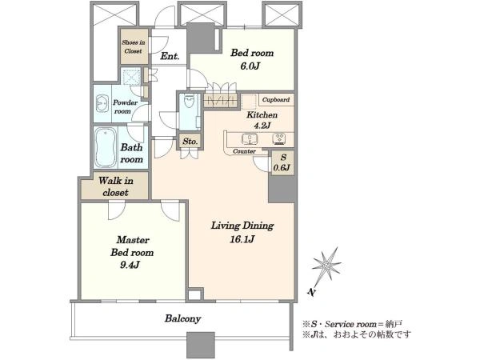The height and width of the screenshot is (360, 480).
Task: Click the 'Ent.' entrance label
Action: pyautogui.click(x=170, y=56)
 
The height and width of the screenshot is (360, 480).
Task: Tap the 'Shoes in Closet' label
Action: pyautogui.click(x=134, y=46)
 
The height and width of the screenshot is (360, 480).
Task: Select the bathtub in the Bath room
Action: pyautogui.click(x=106, y=147)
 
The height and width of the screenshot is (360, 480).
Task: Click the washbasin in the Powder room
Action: pyautogui.click(x=102, y=104)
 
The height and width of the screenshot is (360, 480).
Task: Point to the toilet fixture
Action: pyautogui.click(x=190, y=101)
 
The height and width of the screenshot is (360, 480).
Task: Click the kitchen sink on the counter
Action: pyautogui.click(x=250, y=139)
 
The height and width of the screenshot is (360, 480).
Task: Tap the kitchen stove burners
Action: pyautogui.click(x=279, y=138)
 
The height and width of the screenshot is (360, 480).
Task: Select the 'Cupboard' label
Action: pyautogui.click(x=276, y=99)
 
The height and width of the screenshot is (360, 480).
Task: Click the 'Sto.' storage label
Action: pyautogui.click(x=190, y=142)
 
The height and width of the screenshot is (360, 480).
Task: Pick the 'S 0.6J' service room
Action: pyautogui.click(x=283, y=162)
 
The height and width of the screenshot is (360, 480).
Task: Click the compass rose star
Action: pyautogui.click(x=326, y=265)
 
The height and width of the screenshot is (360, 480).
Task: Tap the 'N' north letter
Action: pyautogui.click(x=311, y=292)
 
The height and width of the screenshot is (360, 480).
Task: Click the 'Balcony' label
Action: pyautogui.click(x=182, y=318)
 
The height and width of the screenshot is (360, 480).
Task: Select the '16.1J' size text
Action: pyautogui.click(x=242, y=239)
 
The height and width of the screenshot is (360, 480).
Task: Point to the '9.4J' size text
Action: pyautogui.click(x=130, y=265)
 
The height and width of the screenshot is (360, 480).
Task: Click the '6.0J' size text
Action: pyautogui.click(x=250, y=66)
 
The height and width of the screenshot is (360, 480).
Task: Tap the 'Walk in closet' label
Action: pyautogui.click(x=116, y=186)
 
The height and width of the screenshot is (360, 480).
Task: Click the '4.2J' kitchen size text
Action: pyautogui.click(x=262, y=126)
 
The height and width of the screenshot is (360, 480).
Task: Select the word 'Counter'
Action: pyautogui.click(x=244, y=151)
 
